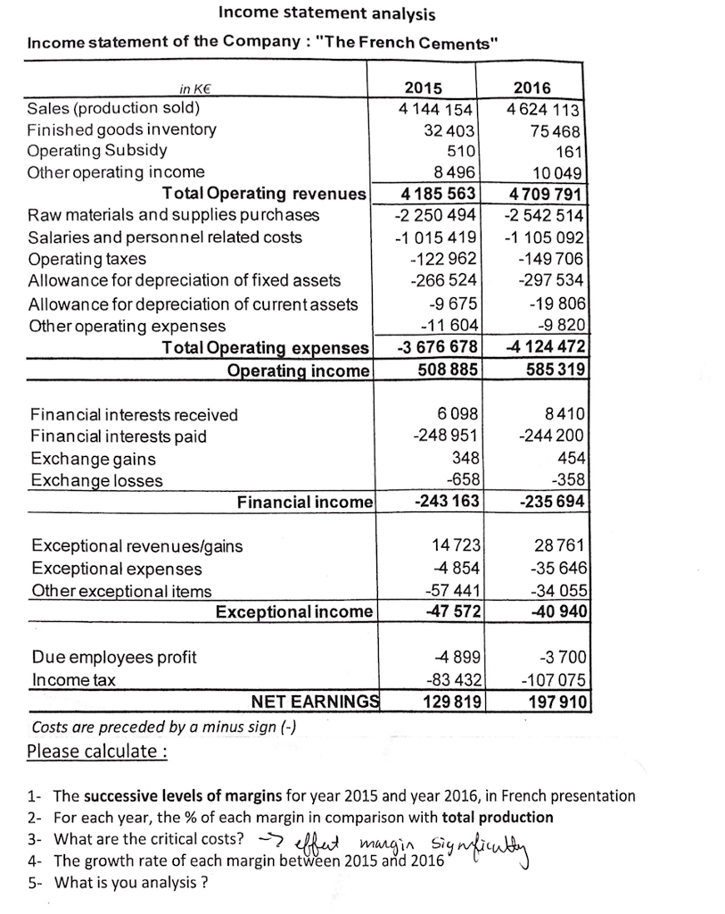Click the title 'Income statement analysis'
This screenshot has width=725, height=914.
point(327,14)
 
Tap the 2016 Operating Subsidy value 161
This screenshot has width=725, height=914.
point(567,150)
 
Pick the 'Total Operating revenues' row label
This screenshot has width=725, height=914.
point(263,194)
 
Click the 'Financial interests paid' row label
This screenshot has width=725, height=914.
point(118,436)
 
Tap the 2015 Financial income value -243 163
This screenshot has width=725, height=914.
point(446,501)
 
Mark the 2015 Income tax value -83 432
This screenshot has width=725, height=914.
point(451,679)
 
